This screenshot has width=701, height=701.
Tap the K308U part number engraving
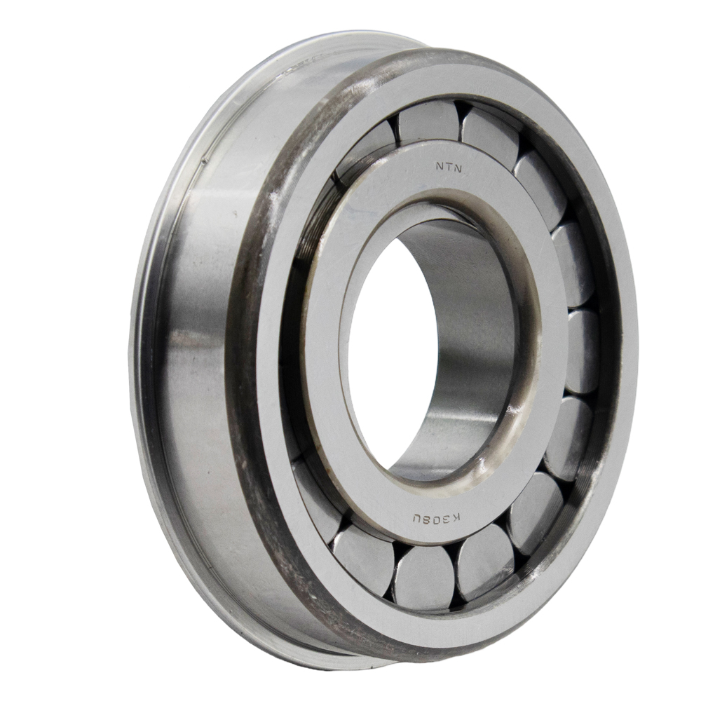click(436, 519)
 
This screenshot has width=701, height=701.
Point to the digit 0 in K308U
click(436, 519)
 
